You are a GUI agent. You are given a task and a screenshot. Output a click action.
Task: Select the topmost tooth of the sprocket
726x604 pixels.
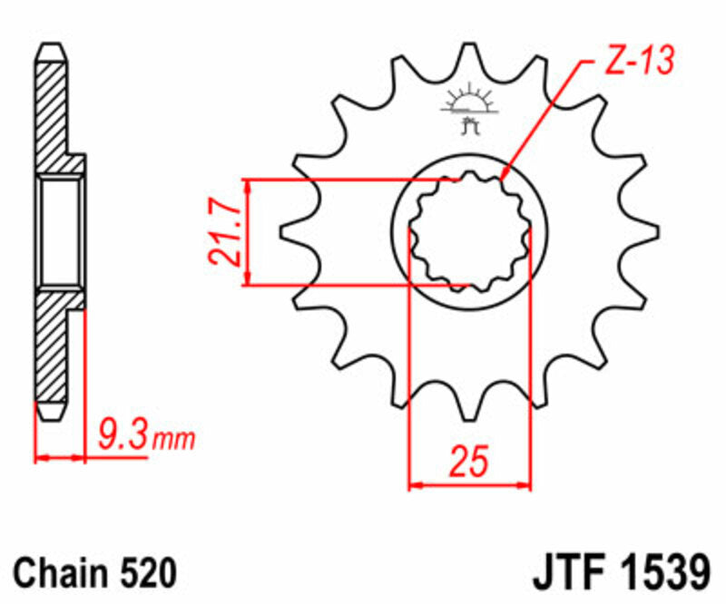pos(469,59)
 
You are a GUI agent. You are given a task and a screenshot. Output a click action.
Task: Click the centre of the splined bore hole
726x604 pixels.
pos(469,233)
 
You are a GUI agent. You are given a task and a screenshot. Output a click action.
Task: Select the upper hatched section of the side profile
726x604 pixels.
pos(52,109)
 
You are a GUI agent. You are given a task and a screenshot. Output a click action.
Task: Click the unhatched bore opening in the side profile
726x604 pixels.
pos(62,233)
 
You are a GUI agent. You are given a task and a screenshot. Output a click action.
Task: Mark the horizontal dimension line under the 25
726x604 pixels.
pos(469,486)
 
